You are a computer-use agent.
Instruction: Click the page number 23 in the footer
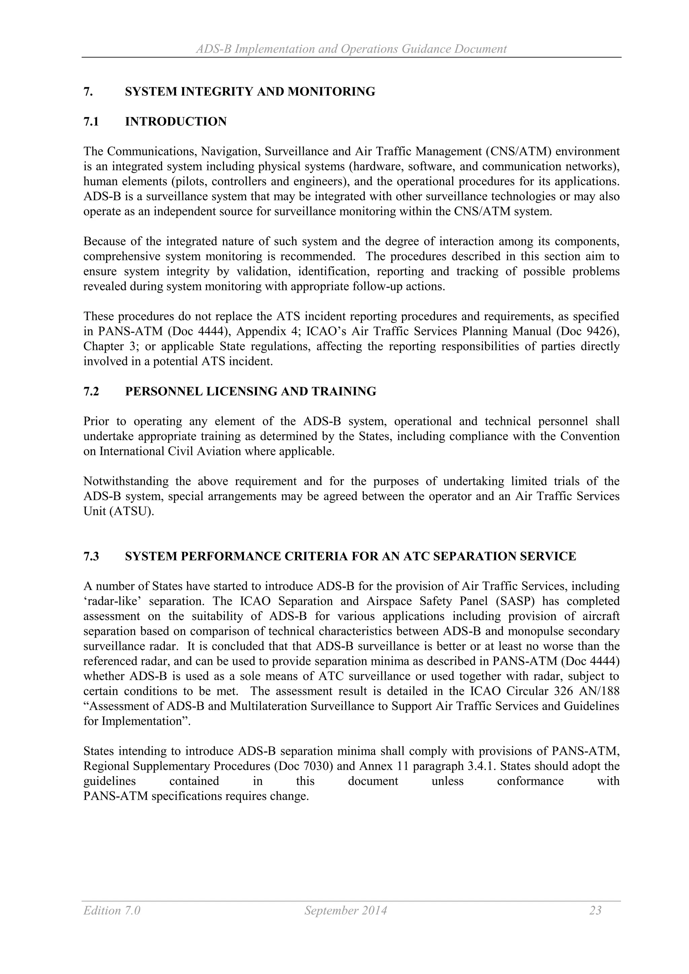tap(595, 910)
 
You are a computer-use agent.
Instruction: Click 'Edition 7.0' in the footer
tap(112, 910)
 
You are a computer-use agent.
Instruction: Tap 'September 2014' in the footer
tap(346, 910)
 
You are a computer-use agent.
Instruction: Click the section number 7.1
tap(91, 122)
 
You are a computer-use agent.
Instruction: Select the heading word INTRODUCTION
tap(176, 122)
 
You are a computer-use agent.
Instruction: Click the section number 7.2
tap(91, 391)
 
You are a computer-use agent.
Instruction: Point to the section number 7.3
tap(91, 556)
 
